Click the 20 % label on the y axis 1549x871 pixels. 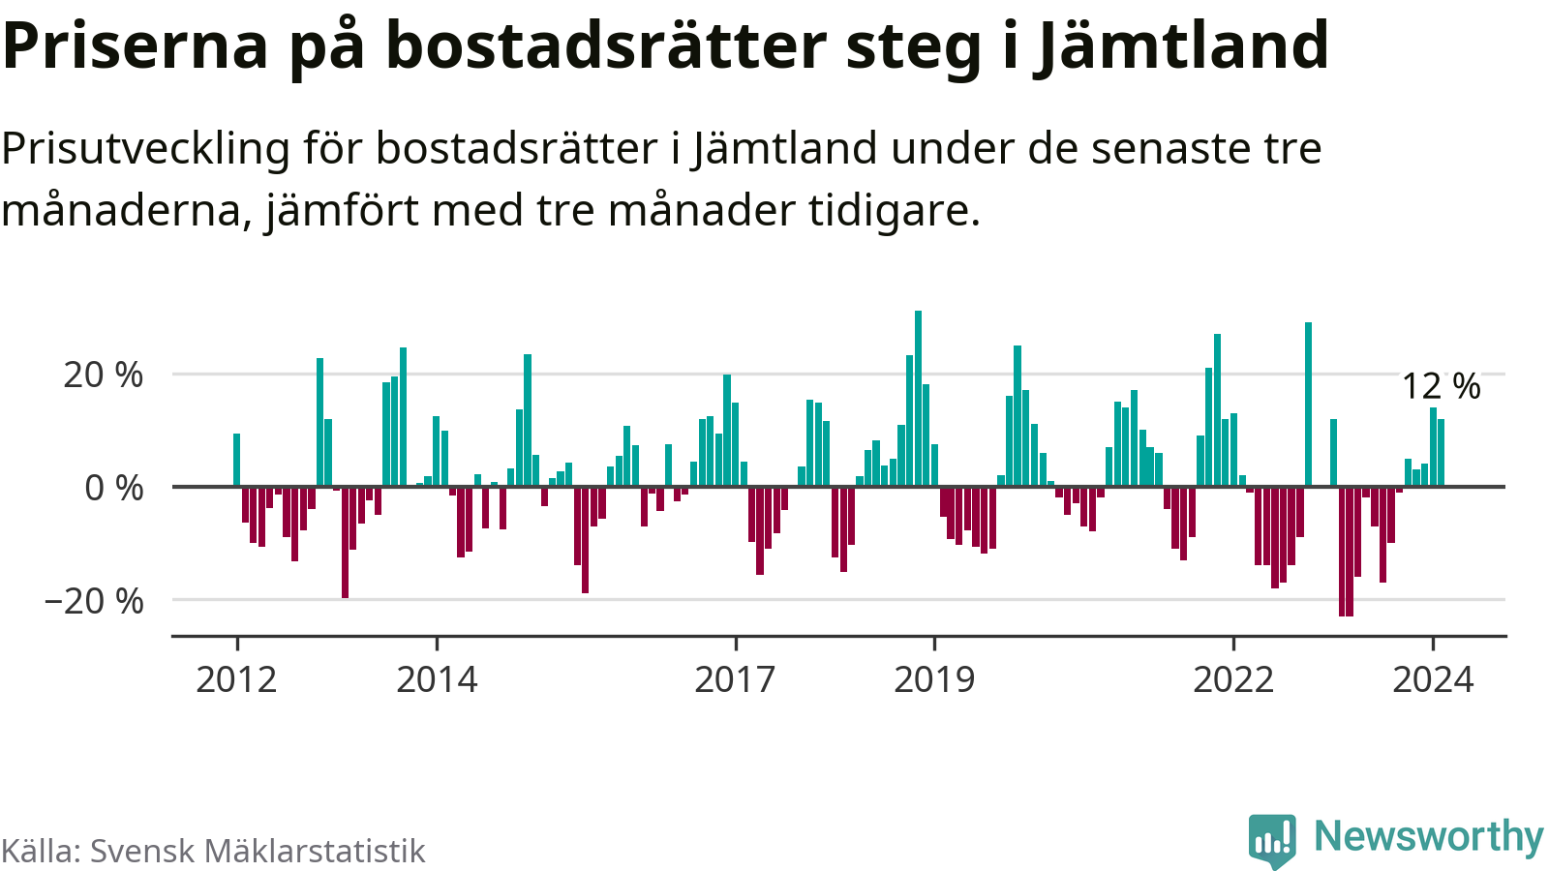[103, 375]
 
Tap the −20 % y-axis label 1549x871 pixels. [94, 601]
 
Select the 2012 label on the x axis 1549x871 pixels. [236, 679]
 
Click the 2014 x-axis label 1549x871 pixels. [437, 679]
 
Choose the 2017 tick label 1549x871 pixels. [735, 679]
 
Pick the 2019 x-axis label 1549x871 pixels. [934, 679]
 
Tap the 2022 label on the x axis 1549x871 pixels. [1232, 679]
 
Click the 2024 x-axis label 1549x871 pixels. [1433, 679]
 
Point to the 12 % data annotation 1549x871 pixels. [1441, 386]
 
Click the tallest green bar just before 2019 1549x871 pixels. [918, 398]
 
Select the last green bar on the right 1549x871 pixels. [1441, 452]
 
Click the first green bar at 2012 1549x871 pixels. [236, 460]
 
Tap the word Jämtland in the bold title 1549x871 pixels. [1182, 45]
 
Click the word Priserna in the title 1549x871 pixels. [136, 45]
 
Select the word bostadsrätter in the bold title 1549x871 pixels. [606, 45]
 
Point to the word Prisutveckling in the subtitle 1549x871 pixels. [146, 149]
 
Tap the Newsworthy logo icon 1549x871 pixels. [1272, 840]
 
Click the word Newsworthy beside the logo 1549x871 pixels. [1428, 836]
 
